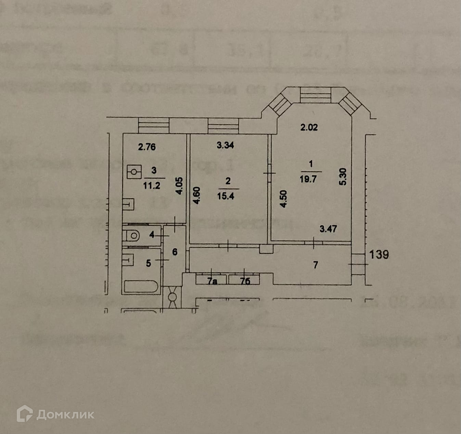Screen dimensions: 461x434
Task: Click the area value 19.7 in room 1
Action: (308, 179)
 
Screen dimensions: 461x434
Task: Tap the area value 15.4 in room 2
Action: (226, 196)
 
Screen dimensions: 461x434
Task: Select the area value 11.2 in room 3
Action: (152, 185)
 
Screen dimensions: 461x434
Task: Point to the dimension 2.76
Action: (146, 147)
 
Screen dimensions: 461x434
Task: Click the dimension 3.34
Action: (225, 145)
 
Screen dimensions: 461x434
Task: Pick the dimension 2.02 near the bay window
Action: (309, 128)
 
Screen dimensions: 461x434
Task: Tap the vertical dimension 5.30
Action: (343, 177)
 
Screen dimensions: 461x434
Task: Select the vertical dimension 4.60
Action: (196, 195)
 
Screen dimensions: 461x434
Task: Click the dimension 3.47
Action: (328, 229)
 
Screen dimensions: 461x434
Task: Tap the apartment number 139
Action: (379, 255)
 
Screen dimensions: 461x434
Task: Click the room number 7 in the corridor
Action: (316, 265)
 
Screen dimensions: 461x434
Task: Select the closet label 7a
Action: (212, 281)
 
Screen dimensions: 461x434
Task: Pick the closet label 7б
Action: (245, 281)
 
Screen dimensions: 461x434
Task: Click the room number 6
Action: (175, 252)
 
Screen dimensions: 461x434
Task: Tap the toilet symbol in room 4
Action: (133, 236)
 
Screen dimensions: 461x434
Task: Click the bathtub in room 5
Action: (141, 287)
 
